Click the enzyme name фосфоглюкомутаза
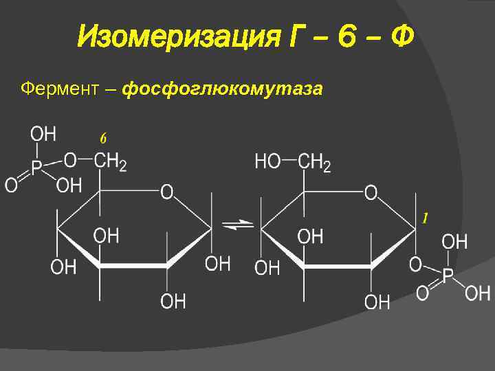[222, 89]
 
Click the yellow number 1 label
[426, 218]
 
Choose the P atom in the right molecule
[448, 276]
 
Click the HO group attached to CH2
[267, 162]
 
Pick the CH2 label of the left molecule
[110, 162]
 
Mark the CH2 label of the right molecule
[316, 162]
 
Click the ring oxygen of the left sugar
[168, 192]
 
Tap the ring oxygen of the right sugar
[371, 192]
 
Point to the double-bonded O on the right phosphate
[421, 294]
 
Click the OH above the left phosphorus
[43, 133]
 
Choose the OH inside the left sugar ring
[106, 236]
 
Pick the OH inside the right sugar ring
[310, 236]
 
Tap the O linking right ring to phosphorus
[416, 264]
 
